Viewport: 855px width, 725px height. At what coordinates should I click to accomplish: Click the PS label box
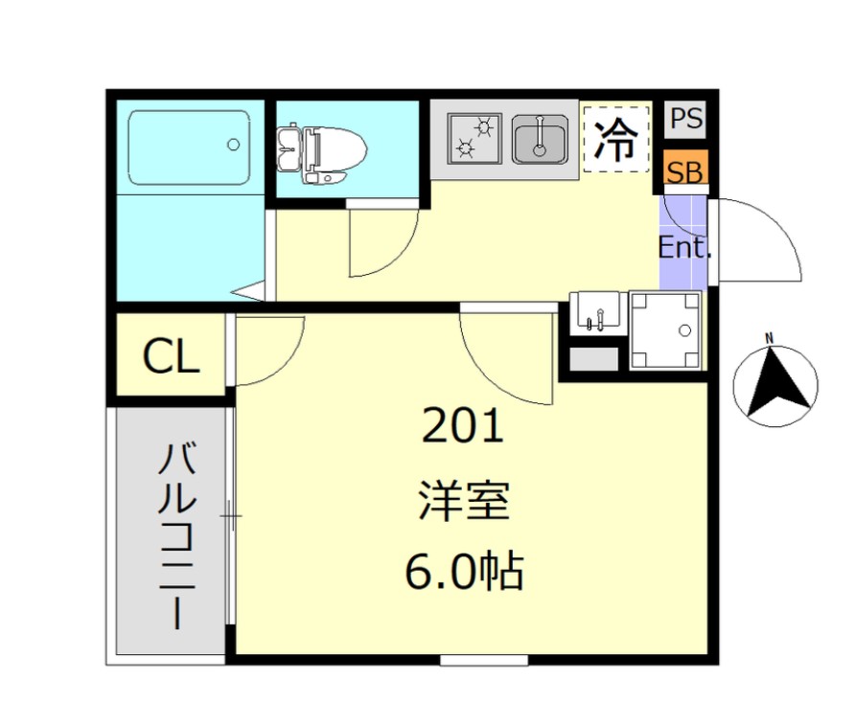(685, 120)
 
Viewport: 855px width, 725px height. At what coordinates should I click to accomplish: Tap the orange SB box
(685, 172)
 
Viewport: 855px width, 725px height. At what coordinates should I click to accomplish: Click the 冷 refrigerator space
(615, 140)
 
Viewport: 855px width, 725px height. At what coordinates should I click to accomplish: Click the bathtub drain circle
(233, 146)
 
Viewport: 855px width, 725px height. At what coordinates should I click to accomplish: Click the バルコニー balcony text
(176, 536)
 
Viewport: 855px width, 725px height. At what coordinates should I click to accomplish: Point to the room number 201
(463, 427)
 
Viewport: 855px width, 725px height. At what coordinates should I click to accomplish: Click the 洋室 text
(463, 501)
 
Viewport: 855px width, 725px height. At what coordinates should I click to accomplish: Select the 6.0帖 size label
(463, 572)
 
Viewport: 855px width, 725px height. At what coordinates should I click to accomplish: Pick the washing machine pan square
(663, 330)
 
